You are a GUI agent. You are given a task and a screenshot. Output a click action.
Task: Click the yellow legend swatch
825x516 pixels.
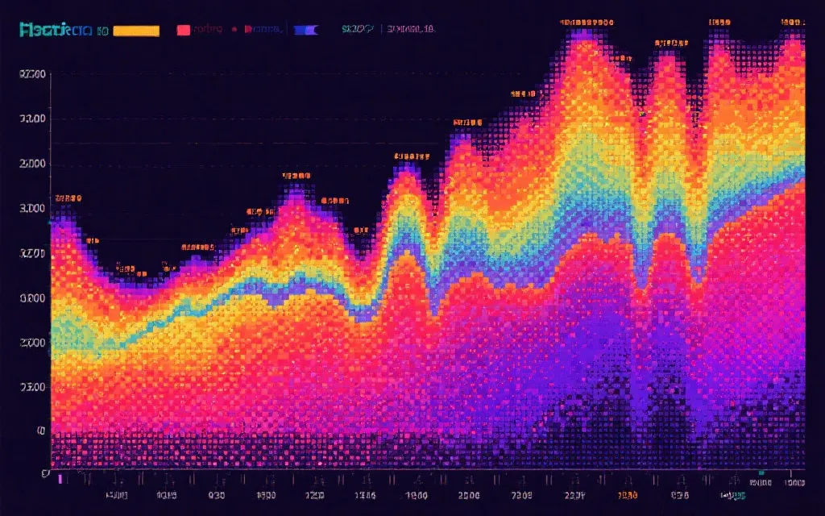coord(136,31)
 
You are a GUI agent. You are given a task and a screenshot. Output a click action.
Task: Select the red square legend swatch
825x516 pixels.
coord(184,31)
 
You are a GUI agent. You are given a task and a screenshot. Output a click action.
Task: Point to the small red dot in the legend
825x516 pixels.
coord(234,30)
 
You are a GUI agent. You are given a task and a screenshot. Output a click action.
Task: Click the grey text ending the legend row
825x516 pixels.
coord(411,30)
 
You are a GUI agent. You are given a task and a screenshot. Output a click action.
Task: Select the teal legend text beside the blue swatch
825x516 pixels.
coord(357,30)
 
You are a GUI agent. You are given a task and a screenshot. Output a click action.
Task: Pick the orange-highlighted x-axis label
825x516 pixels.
coord(627,495)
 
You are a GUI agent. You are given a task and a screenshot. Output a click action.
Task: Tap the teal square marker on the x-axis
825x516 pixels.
coord(761,473)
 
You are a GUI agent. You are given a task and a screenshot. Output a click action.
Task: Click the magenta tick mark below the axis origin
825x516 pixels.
coord(60,479)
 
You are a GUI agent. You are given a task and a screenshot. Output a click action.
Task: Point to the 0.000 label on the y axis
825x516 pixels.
coord(34,298)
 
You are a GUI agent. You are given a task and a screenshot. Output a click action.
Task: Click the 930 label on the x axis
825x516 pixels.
coord(217,495)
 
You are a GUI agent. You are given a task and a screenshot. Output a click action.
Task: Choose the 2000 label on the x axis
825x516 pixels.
coord(469,495)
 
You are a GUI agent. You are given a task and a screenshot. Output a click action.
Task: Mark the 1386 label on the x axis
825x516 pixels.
coord(365,495)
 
